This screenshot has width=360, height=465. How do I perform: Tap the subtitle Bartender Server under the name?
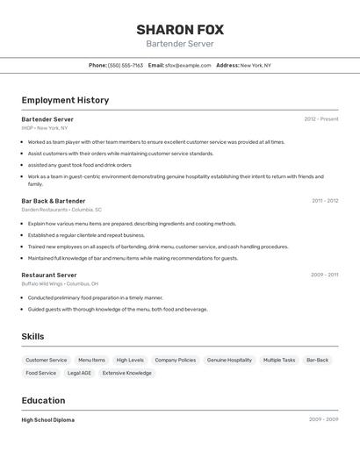click(x=179, y=44)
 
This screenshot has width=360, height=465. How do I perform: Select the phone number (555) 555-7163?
click(x=125, y=65)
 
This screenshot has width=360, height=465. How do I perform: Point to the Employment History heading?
click(x=65, y=100)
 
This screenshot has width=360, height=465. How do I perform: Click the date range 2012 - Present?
click(x=321, y=119)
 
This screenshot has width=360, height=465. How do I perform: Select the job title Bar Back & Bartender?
click(x=54, y=201)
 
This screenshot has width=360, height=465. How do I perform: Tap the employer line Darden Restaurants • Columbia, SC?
click(x=61, y=210)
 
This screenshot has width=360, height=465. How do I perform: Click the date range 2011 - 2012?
click(x=325, y=201)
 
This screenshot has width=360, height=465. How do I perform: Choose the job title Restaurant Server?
click(x=49, y=275)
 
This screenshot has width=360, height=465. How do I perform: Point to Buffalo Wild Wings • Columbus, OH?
click(x=60, y=284)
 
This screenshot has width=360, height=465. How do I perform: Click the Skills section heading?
click(x=32, y=337)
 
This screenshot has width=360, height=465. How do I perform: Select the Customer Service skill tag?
click(x=46, y=360)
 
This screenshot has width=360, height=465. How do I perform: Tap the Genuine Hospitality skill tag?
click(x=229, y=360)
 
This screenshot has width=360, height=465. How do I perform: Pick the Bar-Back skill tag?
click(x=317, y=360)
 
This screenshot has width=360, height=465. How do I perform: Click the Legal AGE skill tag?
click(x=79, y=373)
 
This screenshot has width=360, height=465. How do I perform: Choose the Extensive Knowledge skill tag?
click(x=126, y=373)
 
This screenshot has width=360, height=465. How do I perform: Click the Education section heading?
click(x=44, y=401)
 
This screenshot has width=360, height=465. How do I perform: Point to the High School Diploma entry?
click(x=47, y=420)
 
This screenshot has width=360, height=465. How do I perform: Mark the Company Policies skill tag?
click(x=175, y=360)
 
